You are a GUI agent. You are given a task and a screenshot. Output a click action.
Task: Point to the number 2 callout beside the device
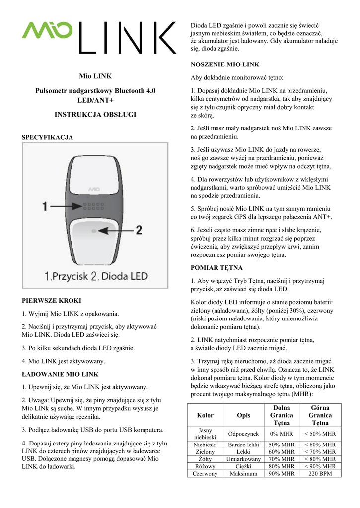pos(139,230)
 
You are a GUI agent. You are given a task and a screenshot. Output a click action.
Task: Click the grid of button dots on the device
pos(93,206)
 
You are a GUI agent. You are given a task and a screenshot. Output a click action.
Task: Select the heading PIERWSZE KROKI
pos(52,301)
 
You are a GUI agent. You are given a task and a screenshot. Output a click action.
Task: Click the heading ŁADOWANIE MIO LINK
pos(60,374)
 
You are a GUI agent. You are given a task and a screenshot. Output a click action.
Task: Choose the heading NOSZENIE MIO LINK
pos(225,64)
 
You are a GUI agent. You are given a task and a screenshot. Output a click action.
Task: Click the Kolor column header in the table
pos(205,415)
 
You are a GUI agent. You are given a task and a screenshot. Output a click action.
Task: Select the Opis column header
pos(244,415)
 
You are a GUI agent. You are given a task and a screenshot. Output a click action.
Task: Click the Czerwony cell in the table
pos(205,474)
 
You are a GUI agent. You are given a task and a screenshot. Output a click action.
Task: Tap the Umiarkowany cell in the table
pos(244,459)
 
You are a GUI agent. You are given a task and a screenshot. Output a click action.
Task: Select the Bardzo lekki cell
pos(244,444)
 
